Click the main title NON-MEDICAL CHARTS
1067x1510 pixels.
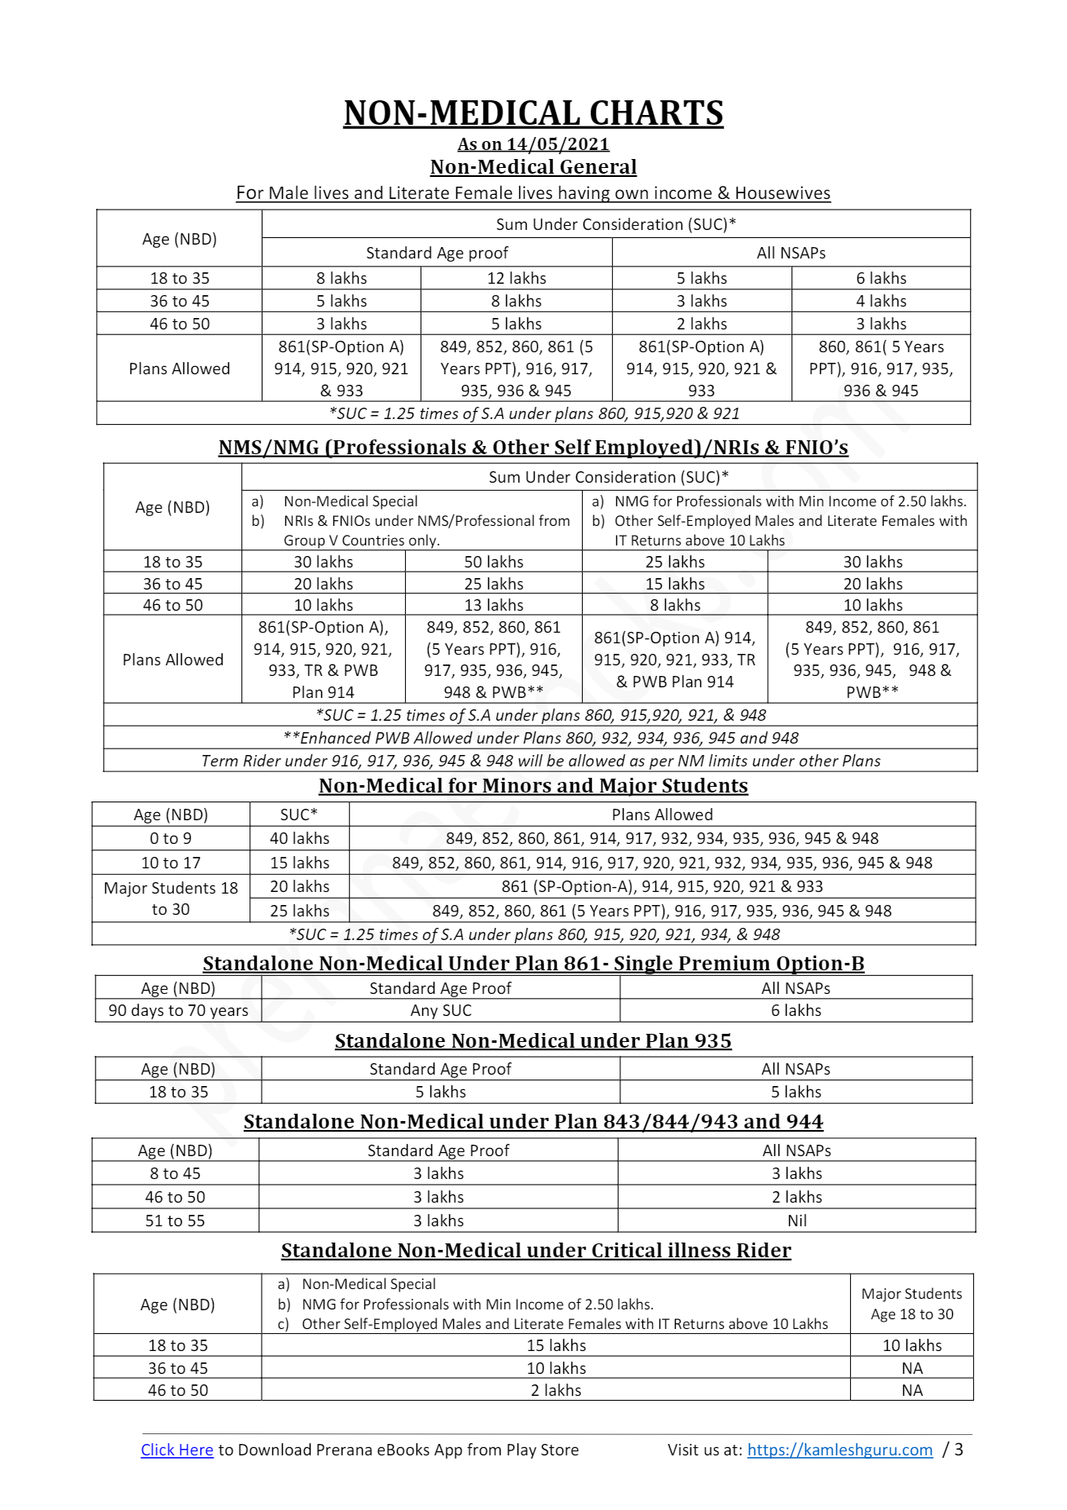[533, 113]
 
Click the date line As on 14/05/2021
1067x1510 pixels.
[533, 144]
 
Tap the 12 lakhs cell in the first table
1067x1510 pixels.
[516, 278]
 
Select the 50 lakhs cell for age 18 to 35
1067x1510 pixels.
[493, 562]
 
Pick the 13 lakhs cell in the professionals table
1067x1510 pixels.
[493, 605]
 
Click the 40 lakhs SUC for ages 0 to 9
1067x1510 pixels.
[299, 838]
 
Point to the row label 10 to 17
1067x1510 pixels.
[170, 863]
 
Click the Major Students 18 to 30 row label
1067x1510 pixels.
[170, 898]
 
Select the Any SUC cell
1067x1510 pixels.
[440, 1010]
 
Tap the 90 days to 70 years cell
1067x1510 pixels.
[178, 1010]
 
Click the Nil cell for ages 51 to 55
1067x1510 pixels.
[796, 1221]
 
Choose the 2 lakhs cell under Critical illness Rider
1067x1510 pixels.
[556, 1390]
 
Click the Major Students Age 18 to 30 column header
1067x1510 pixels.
[911, 1304]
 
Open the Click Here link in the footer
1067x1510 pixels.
[177, 1450]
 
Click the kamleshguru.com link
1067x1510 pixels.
[840, 1450]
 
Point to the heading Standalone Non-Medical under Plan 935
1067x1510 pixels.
[533, 1041]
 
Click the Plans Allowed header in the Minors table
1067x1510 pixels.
[662, 815]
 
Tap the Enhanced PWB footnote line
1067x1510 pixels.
[540, 738]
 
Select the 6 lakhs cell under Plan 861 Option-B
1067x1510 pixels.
[796, 1010]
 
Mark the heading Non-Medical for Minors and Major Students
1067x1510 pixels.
[533, 786]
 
